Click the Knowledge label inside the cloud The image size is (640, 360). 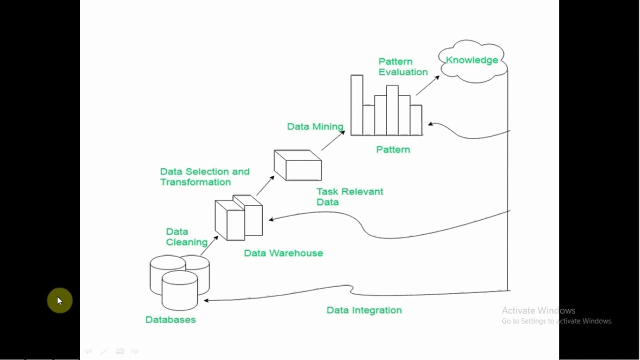point(471,60)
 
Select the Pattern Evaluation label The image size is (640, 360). point(402,66)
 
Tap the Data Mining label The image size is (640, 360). point(315,126)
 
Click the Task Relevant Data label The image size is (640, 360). point(349,196)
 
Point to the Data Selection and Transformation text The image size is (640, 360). point(204,176)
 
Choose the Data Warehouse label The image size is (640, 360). point(283,253)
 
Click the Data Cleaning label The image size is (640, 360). point(186,237)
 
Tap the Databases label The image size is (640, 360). point(170,319)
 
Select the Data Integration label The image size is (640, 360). point(364,310)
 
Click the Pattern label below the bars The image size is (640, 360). point(393,149)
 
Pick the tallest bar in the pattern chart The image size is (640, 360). point(356,105)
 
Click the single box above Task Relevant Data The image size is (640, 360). point(297,165)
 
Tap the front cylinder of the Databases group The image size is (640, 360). point(179,290)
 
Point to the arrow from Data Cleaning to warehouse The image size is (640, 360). point(209,245)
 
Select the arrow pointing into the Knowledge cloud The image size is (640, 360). point(427,85)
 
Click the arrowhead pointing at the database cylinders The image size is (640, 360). point(206,300)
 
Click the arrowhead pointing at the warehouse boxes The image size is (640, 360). point(271,219)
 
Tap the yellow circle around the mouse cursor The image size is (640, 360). point(59,300)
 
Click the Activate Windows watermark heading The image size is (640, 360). point(538,310)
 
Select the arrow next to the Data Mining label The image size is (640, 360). point(332,140)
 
